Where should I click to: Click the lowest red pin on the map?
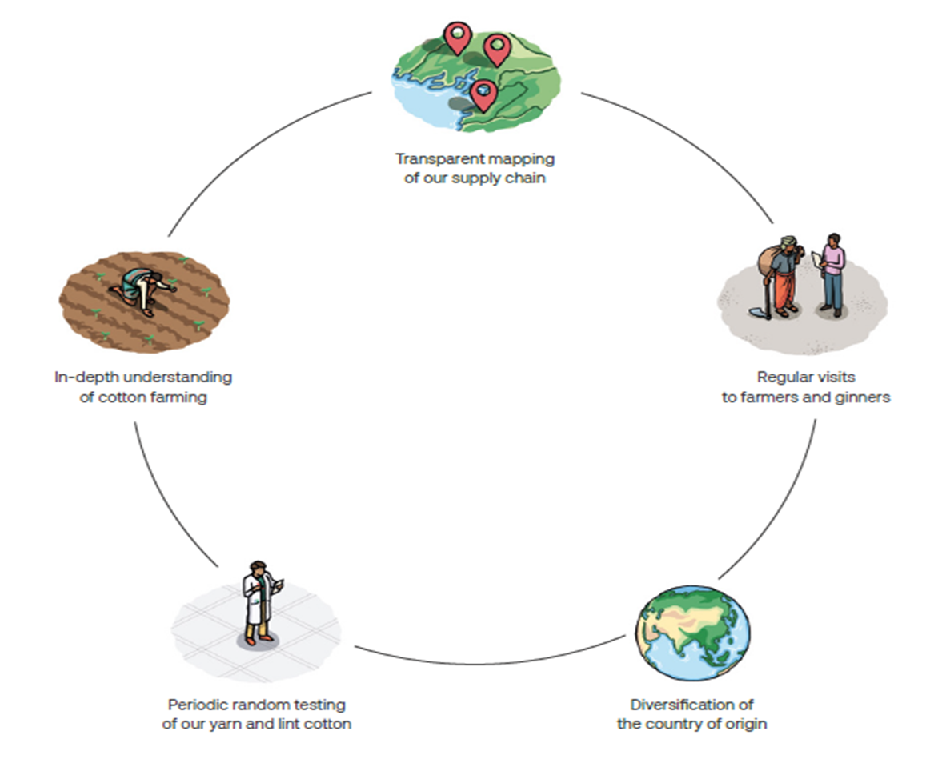(x=483, y=94)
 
